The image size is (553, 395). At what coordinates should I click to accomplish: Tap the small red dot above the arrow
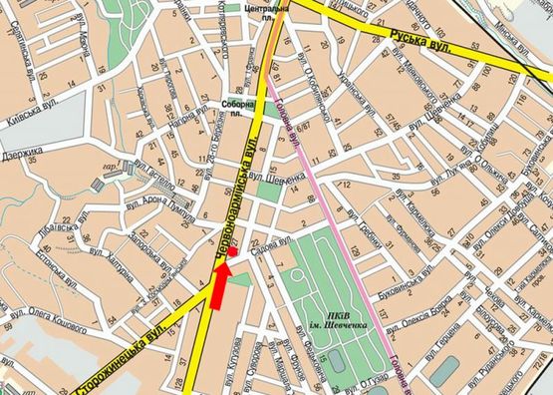point(231,254)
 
